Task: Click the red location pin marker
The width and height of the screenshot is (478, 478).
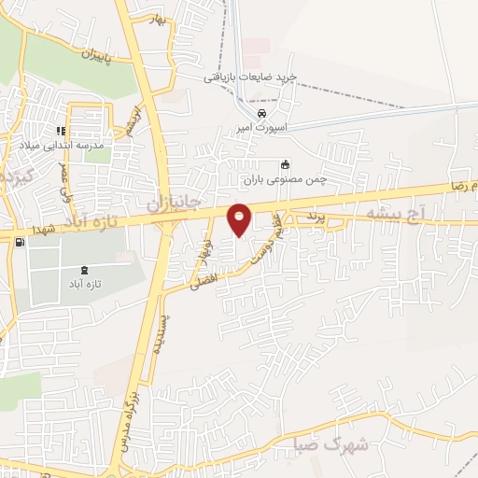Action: click(x=240, y=219)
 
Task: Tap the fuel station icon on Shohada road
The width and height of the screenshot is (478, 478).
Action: click(x=20, y=242)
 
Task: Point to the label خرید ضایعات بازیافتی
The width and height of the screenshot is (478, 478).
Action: click(x=250, y=77)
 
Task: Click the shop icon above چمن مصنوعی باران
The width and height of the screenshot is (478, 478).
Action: click(x=286, y=163)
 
